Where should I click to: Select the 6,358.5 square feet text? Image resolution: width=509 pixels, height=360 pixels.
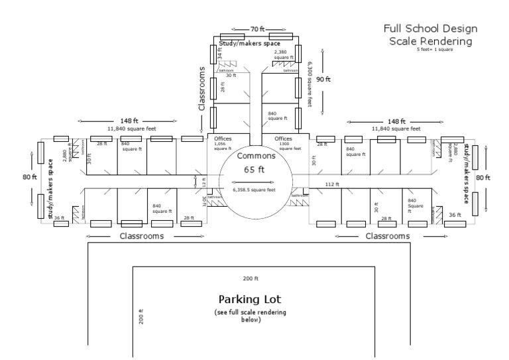(255, 190)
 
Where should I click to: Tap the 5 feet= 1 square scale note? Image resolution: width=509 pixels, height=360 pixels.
(434, 50)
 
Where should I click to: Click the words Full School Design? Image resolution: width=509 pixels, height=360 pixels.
(430, 29)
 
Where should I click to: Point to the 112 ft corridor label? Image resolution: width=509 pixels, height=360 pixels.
(331, 184)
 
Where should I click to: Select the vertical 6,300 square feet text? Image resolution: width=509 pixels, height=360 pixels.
(310, 85)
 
